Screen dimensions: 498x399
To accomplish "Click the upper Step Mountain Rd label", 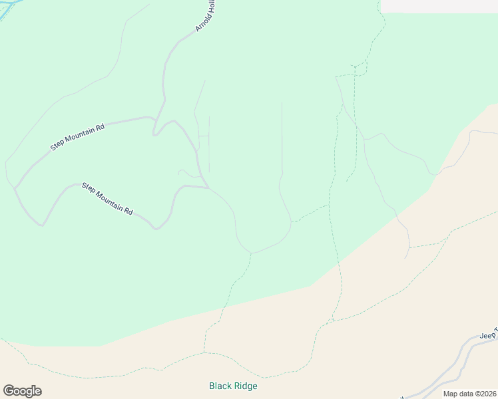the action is [78, 137].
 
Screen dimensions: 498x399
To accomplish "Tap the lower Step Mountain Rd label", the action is [107, 198].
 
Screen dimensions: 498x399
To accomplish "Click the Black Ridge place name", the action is [233, 386].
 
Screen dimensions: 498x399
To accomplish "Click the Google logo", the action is [22, 391].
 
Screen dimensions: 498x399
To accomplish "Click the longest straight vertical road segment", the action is [282, 136].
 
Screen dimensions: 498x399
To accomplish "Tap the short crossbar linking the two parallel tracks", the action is [204, 135].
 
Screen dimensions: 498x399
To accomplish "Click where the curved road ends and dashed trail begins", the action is [251, 253].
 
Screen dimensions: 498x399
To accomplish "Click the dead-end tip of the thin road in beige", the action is [406, 258].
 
